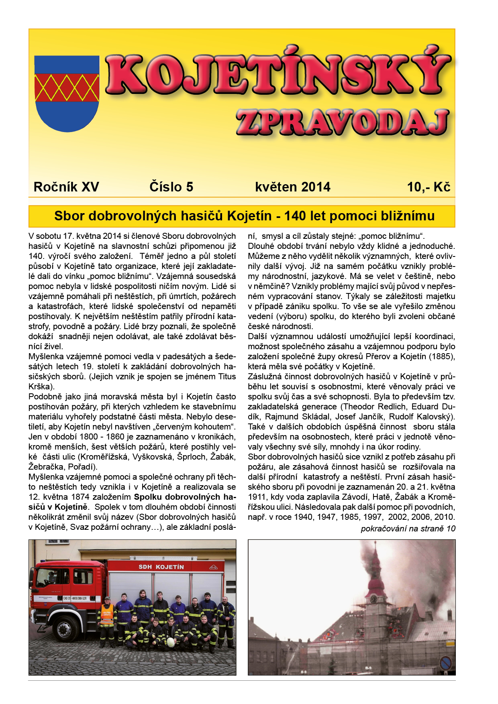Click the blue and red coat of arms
[x=67, y=94]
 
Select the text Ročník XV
[x=66, y=187]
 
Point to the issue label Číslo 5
[x=171, y=187]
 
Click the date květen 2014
[x=292, y=187]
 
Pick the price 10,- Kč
[x=429, y=187]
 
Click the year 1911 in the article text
[x=257, y=497]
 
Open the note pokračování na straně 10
[x=408, y=529]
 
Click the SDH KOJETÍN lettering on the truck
[x=161, y=567]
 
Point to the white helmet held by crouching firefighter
[x=171, y=643]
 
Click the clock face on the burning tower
[x=373, y=599]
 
